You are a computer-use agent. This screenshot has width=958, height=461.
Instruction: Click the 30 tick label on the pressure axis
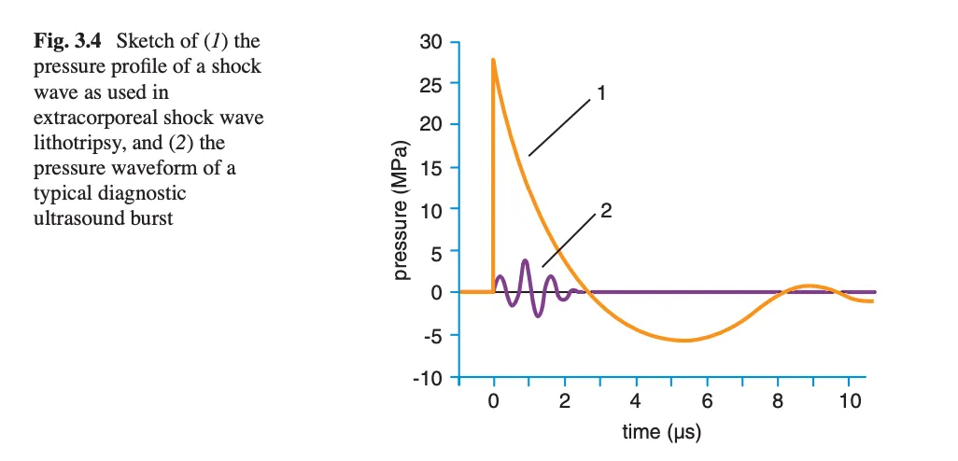point(430,42)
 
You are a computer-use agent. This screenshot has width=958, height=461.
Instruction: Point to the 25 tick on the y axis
point(430,84)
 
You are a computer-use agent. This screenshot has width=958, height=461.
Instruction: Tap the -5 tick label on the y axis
point(431,335)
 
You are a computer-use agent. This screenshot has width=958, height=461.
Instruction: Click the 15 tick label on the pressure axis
point(430,168)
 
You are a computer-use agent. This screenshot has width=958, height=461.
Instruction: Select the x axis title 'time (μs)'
point(661,432)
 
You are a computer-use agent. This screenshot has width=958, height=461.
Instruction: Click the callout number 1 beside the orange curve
point(603,93)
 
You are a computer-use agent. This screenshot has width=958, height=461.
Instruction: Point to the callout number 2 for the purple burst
point(605,211)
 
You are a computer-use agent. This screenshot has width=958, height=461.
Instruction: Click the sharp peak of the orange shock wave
point(493,60)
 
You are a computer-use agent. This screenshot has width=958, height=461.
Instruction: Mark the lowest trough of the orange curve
point(684,341)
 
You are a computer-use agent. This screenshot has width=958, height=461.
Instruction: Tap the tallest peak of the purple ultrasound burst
point(526,261)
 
